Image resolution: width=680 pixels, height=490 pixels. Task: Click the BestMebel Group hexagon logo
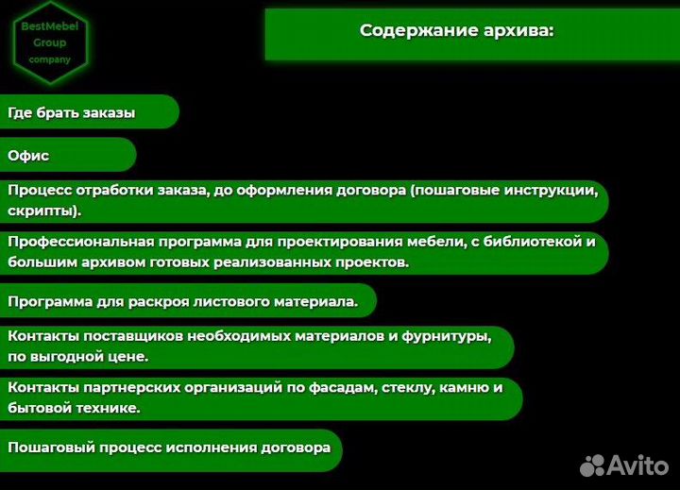click(x=49, y=43)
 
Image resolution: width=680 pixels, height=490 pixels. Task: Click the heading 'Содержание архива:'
click(x=456, y=30)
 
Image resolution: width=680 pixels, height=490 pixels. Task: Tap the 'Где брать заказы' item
click(x=72, y=113)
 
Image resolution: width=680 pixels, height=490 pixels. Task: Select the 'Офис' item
click(x=28, y=156)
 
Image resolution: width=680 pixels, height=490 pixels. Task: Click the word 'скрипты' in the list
click(x=43, y=210)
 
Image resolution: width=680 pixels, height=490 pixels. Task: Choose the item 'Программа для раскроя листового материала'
click(x=182, y=302)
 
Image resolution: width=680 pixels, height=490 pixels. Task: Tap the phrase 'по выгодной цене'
click(x=77, y=357)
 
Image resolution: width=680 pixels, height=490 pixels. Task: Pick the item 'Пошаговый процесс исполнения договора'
click(x=169, y=448)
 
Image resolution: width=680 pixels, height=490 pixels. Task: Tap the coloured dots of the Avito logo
click(x=591, y=464)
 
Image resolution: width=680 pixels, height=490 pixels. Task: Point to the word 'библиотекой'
click(x=534, y=242)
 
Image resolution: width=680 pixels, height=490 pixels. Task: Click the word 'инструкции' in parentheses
click(x=547, y=190)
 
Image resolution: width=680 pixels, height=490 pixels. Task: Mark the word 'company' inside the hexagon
click(x=49, y=59)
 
